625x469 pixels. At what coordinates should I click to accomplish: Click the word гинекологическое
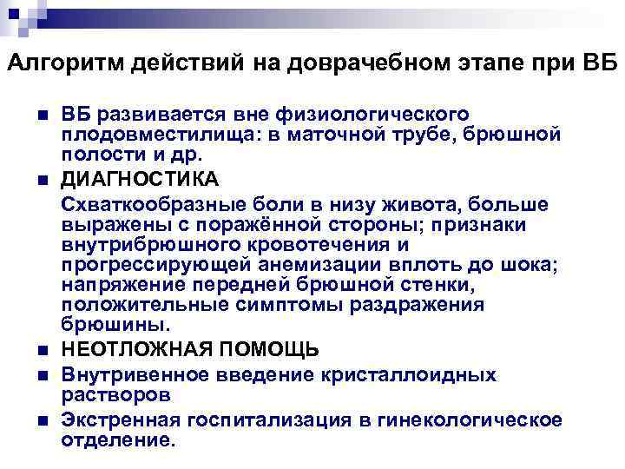(x=470, y=421)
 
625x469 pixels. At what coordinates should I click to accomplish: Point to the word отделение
(x=118, y=439)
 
